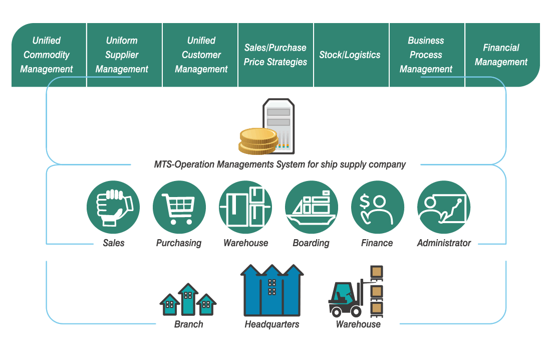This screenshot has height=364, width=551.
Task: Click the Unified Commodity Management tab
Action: (49, 55)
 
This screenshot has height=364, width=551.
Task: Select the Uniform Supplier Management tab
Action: (124, 55)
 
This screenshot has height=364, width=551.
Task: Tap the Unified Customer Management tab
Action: (200, 55)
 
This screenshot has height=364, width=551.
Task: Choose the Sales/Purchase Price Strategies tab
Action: (276, 55)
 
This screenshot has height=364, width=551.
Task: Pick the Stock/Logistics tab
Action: (352, 55)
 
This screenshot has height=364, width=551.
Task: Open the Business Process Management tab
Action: (427, 55)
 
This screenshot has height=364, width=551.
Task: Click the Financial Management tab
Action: (502, 55)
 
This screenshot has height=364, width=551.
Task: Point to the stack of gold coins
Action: (258, 141)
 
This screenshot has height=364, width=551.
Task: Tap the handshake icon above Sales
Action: (113, 207)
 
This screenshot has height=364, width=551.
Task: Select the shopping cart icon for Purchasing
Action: (179, 207)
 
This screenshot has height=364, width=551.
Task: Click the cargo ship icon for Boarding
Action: (312, 207)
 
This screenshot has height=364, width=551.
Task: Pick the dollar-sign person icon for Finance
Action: (377, 207)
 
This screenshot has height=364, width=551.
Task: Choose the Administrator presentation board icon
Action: (443, 207)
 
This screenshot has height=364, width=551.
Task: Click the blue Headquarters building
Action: (272, 290)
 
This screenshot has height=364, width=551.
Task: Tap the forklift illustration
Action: (356, 292)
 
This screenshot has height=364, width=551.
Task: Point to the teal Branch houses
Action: (188, 300)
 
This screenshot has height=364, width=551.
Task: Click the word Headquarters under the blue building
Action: (272, 324)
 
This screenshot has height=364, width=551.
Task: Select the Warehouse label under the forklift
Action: (358, 324)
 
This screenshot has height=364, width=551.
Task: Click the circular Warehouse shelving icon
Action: (245, 207)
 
